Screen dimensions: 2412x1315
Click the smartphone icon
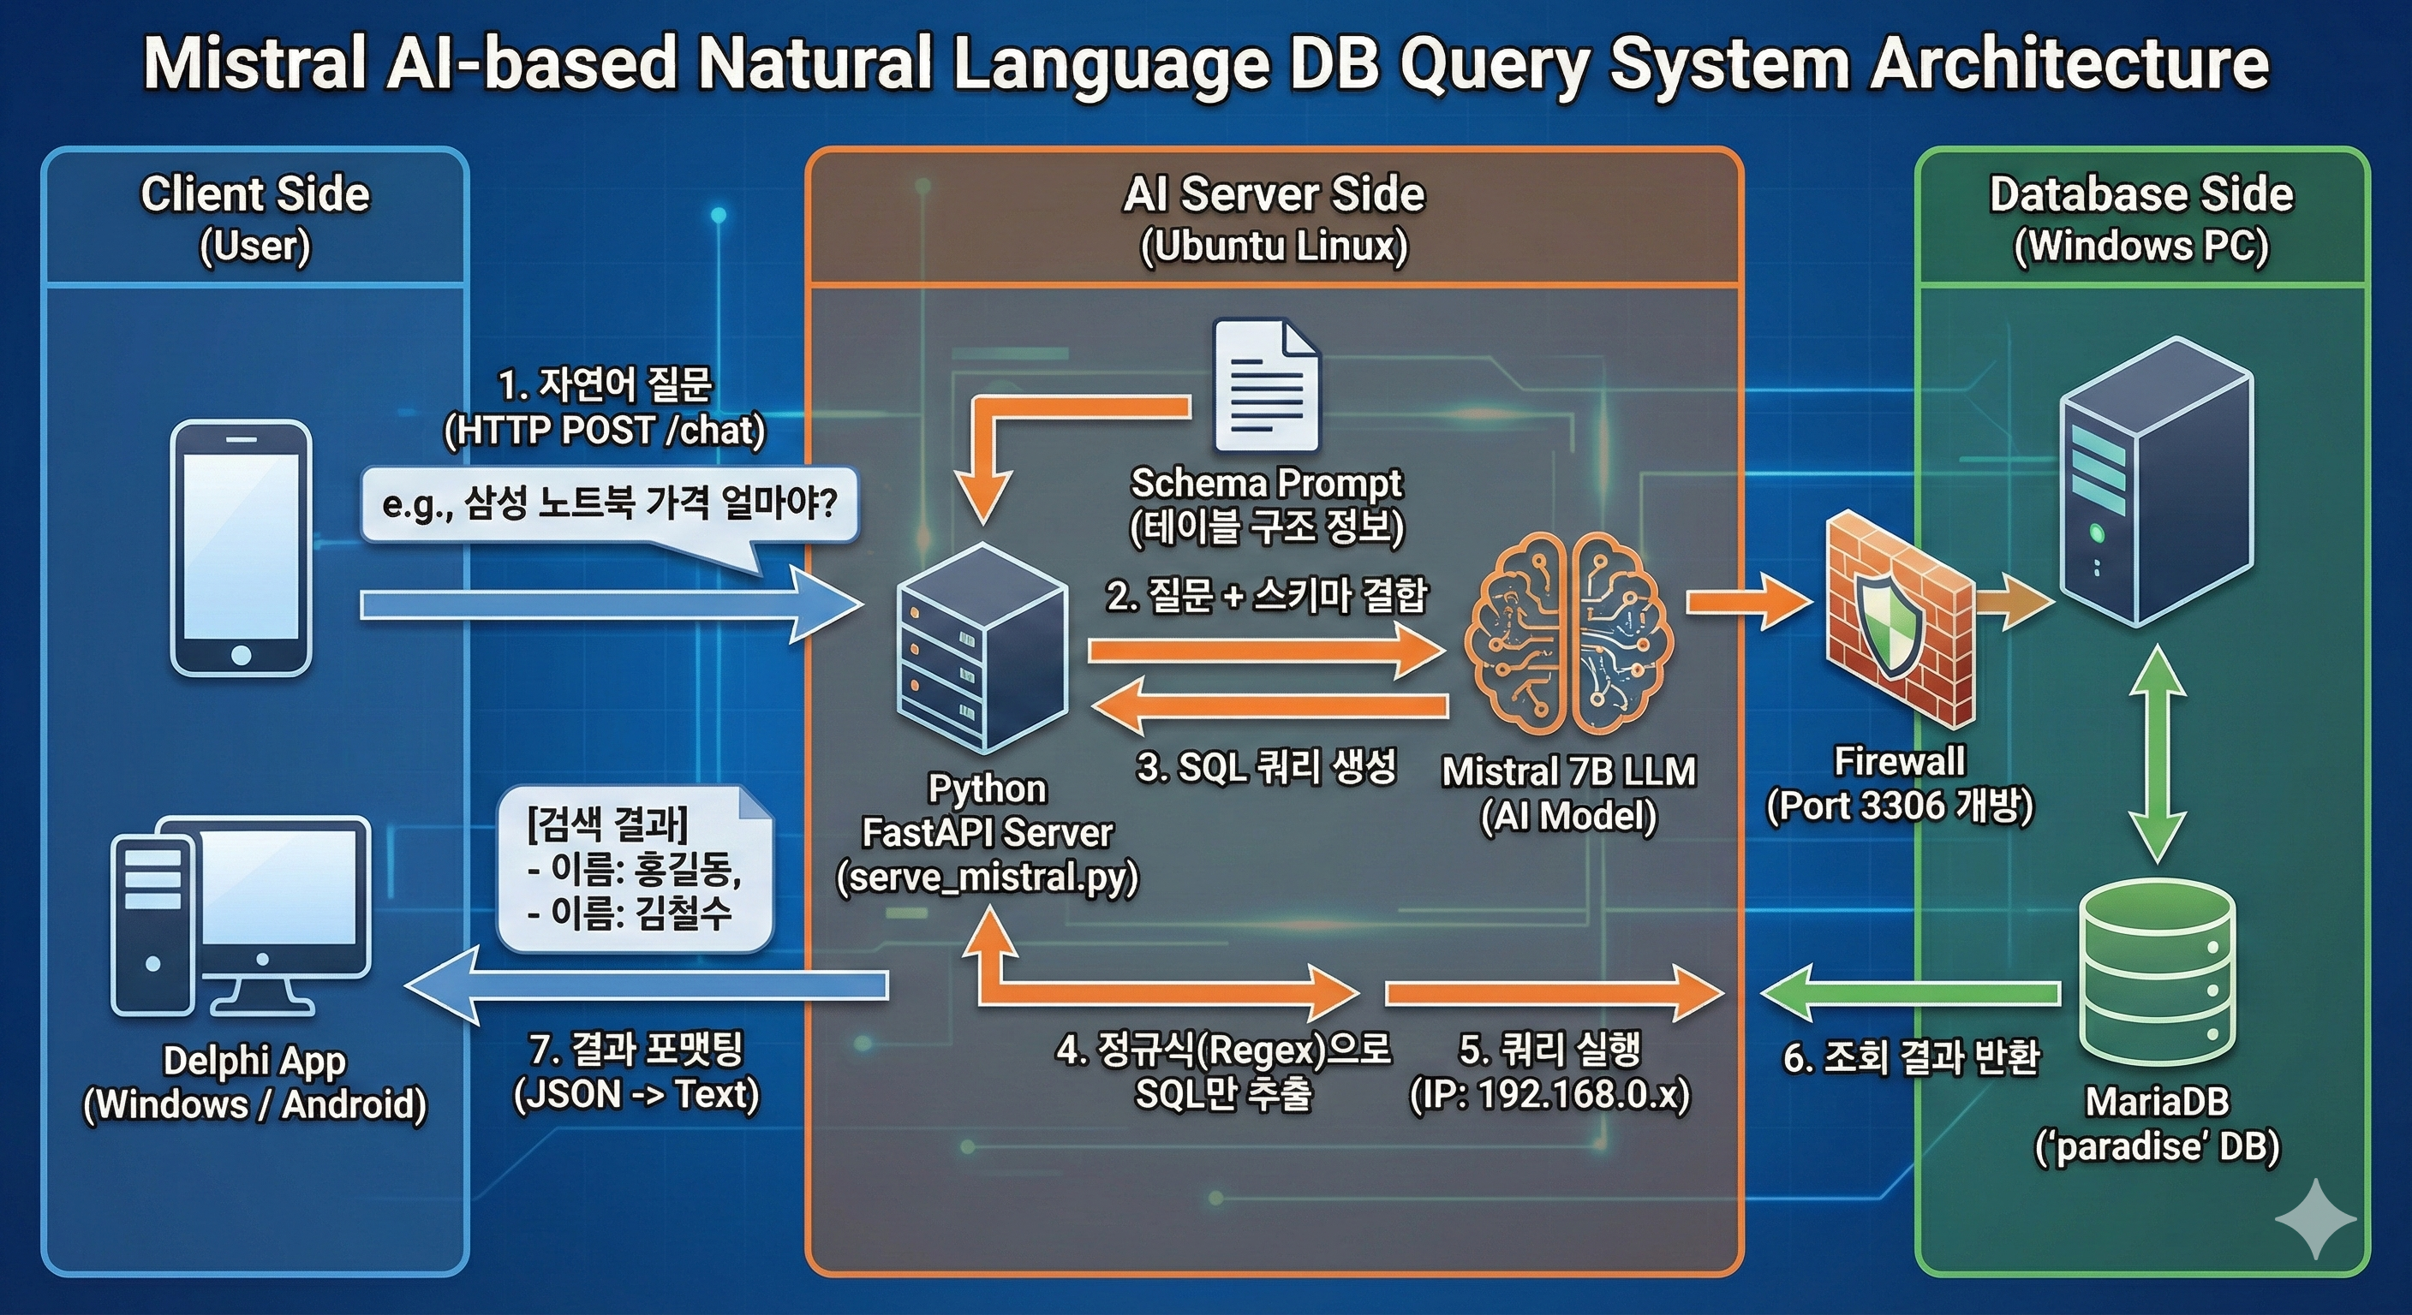pos(241,549)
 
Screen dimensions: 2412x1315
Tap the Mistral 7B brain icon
pos(1570,633)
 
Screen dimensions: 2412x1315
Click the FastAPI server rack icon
pos(982,648)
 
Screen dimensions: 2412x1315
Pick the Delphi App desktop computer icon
pos(242,916)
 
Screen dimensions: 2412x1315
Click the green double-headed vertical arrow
pos(2158,753)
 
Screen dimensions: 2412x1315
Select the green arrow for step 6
pos(1910,992)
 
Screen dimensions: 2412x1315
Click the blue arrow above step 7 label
pos(646,985)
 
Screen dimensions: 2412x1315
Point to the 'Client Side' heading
pos(255,193)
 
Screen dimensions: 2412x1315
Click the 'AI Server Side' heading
pos(1274,193)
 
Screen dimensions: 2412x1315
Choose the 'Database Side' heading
pos(2141,193)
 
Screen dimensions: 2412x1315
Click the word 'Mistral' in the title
pos(254,63)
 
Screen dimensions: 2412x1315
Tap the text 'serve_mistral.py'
pos(987,878)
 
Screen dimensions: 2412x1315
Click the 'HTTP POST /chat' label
pos(605,431)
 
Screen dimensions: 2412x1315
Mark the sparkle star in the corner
pos(2315,1217)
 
